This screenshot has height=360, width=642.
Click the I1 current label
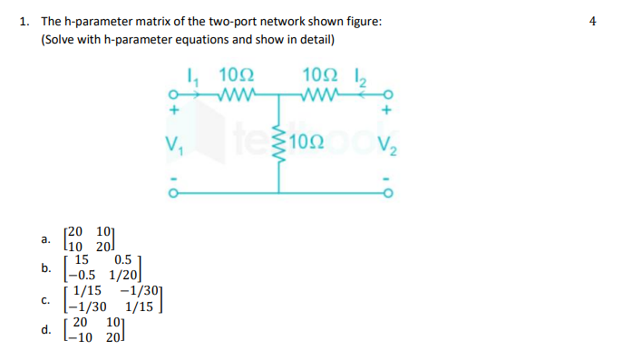tap(191, 77)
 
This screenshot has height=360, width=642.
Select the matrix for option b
tap(101, 268)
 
